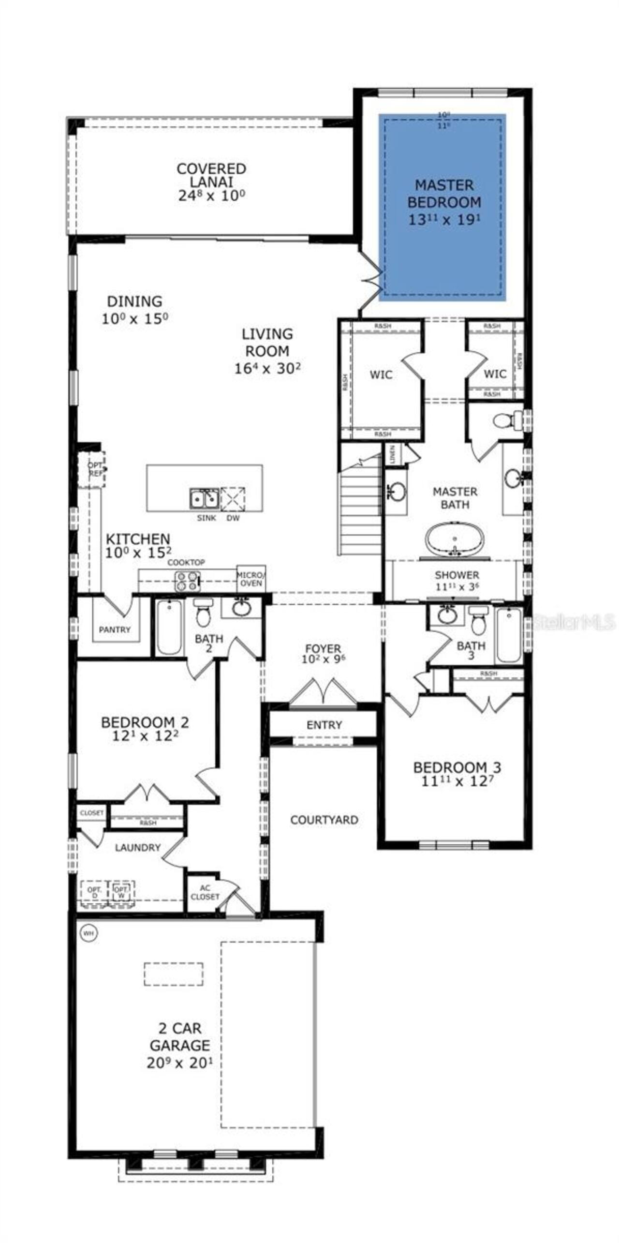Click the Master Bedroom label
click(444, 194)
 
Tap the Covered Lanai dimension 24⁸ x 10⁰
click(211, 196)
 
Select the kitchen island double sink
click(203, 498)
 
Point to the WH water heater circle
click(88, 932)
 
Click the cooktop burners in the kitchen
click(188, 581)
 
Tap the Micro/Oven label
click(251, 579)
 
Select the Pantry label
click(115, 629)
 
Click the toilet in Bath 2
click(203, 613)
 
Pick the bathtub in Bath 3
click(508, 634)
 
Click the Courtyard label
click(324, 820)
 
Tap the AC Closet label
click(205, 892)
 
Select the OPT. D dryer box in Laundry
click(94, 892)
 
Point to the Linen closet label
click(392, 453)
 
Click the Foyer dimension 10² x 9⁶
click(323, 659)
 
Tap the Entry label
click(324, 725)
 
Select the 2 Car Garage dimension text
click(179, 1063)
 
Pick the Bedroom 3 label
click(457, 767)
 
